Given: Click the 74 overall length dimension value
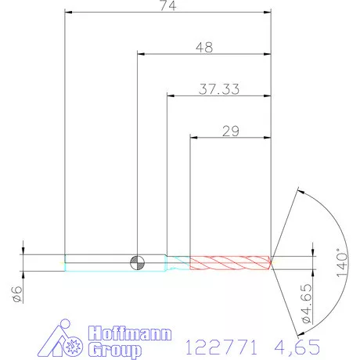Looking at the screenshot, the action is point(168,5).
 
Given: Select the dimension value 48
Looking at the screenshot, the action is point(204,48).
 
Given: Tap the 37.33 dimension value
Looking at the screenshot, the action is point(219,89).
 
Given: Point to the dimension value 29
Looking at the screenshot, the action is point(231,131).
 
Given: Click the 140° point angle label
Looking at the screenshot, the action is point(342,263).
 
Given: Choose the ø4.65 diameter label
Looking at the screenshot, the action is point(307,304).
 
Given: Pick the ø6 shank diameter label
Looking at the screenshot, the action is point(17,294).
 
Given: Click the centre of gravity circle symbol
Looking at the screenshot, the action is point(138,263).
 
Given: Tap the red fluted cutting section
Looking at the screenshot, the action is point(230,263).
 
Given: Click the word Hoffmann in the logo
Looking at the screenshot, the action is point(130,333).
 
